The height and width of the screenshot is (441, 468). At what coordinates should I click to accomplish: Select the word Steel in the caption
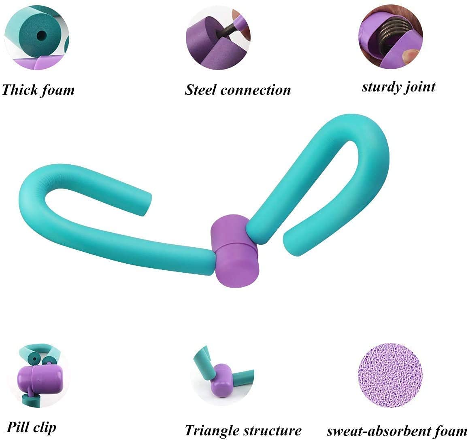[201, 89]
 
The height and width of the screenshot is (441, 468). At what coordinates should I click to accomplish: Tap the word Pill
[17, 427]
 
